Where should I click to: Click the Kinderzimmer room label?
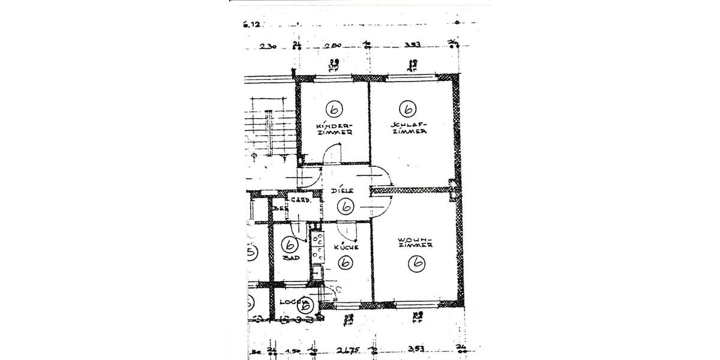tap(334, 128)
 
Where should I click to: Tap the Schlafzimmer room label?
tap(409, 128)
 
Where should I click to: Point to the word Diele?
tap(342, 191)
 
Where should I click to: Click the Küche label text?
tap(347, 247)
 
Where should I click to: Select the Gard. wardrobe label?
tap(300, 200)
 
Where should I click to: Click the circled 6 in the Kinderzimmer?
tap(334, 109)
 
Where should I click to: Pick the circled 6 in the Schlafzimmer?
tap(408, 109)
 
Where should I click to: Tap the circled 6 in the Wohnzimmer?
tap(416, 263)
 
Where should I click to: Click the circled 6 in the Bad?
tap(290, 245)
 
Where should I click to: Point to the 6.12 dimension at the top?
tap(252, 25)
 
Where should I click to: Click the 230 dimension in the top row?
tap(268, 46)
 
